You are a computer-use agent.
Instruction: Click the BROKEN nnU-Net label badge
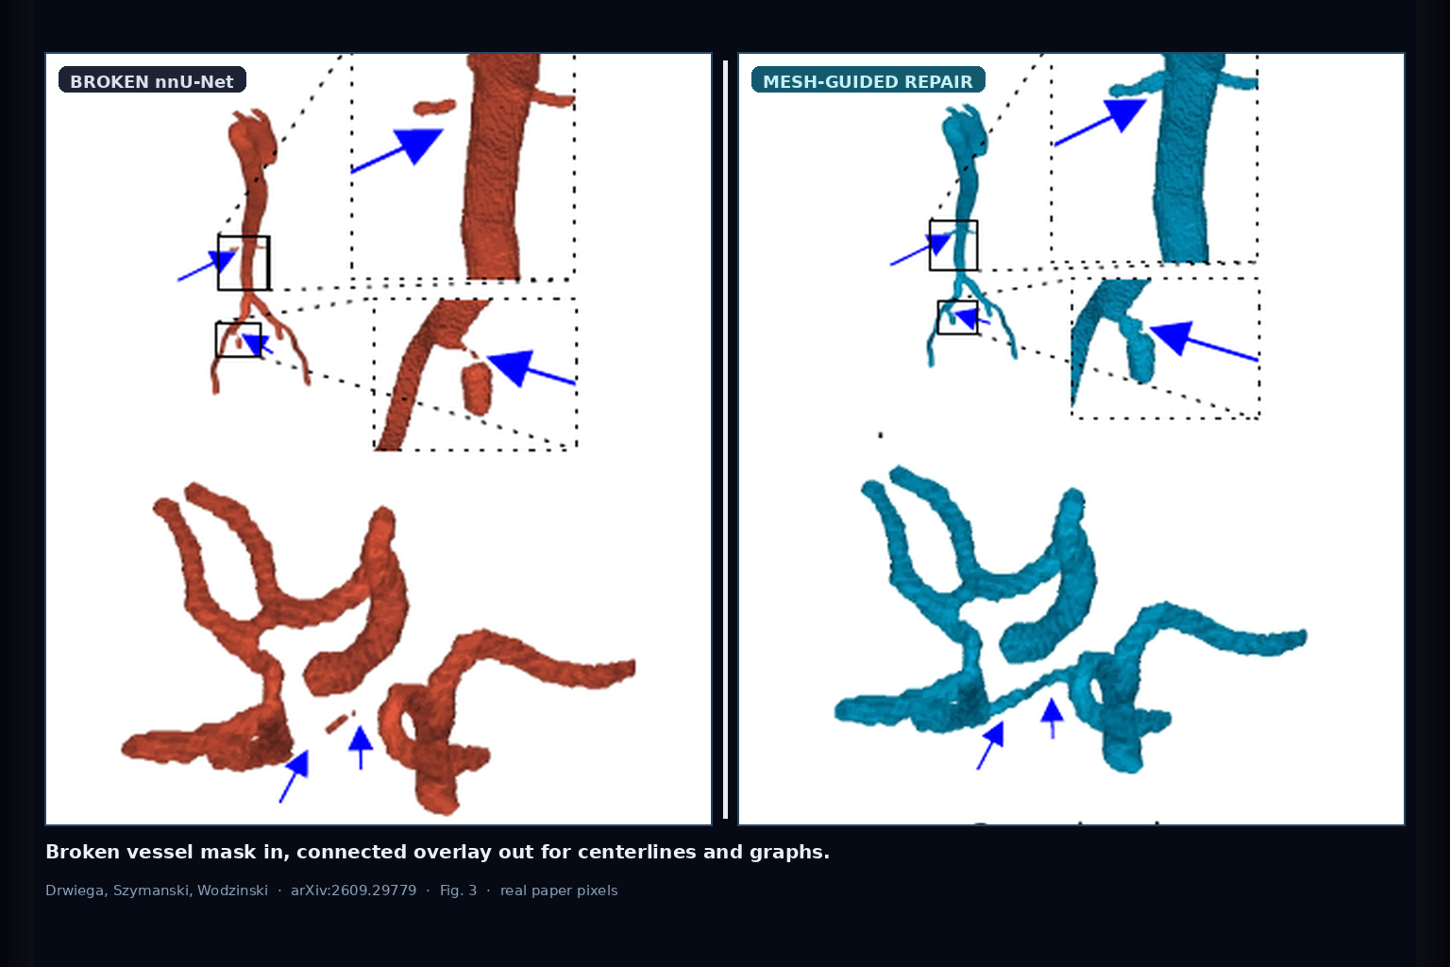pyautogui.click(x=152, y=79)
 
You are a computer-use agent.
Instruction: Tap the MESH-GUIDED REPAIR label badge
pyautogui.click(x=868, y=79)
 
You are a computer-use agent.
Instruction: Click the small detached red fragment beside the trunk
pyautogui.click(x=435, y=107)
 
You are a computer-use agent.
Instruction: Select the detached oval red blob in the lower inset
pyautogui.click(x=477, y=389)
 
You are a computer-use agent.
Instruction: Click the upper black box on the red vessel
pyautogui.click(x=244, y=263)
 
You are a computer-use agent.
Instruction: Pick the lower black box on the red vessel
pyautogui.click(x=238, y=339)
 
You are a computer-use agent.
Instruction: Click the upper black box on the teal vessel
pyautogui.click(x=953, y=245)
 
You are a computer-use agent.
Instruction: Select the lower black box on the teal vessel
pyautogui.click(x=957, y=317)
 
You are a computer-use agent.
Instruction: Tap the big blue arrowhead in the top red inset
pyautogui.click(x=417, y=145)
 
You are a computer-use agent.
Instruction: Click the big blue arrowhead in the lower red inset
pyautogui.click(x=512, y=367)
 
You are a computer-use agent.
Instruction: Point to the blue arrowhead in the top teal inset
pyautogui.click(x=1125, y=114)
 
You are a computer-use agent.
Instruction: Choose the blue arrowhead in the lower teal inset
pyautogui.click(x=1173, y=336)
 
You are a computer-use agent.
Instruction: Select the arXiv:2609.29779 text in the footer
pyautogui.click(x=353, y=891)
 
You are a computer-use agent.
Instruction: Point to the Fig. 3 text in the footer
pyautogui.click(x=458, y=891)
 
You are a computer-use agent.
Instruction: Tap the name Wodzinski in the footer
pyautogui.click(x=232, y=891)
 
